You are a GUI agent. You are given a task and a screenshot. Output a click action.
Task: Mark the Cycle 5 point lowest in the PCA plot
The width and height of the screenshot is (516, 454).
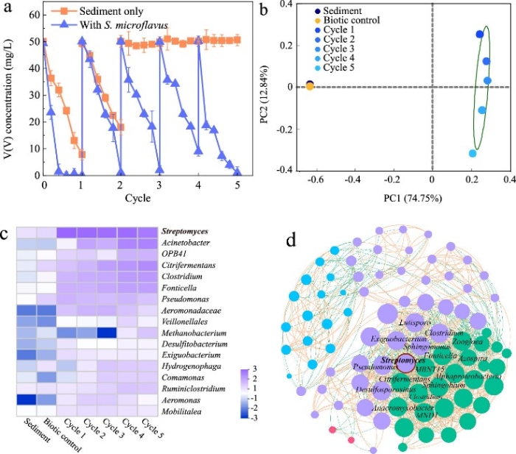click(x=473, y=153)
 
